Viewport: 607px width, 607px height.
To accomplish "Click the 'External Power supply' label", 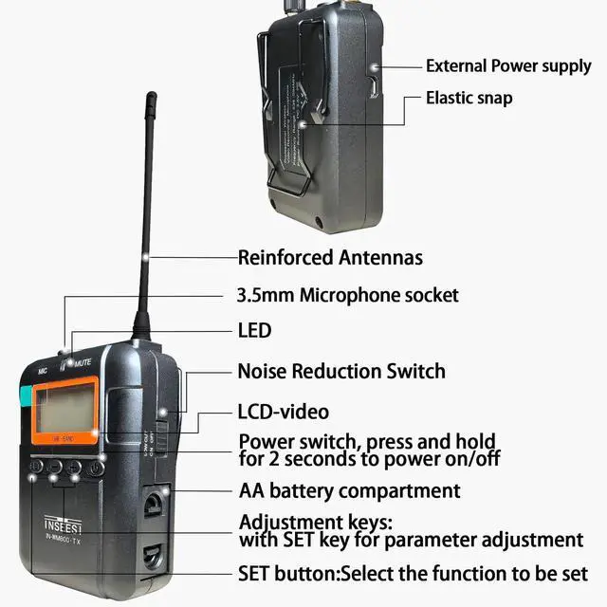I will (508, 66).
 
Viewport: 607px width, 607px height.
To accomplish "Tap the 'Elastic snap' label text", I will (469, 98).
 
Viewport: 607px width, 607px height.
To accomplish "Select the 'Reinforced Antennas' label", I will (330, 257).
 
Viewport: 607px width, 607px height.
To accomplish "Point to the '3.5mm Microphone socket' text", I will (347, 295).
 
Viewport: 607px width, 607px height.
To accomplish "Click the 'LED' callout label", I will (254, 330).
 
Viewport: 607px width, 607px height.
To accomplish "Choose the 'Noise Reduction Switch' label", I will (340, 371).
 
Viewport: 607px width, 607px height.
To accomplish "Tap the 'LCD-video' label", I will (283, 412).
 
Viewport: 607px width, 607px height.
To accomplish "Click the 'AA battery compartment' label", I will (349, 490).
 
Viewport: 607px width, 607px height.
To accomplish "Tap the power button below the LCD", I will (96, 467).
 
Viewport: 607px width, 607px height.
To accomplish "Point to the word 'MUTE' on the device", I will (82, 361).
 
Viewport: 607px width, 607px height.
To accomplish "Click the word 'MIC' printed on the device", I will (43, 372).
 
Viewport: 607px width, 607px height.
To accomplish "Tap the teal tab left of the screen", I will (25, 398).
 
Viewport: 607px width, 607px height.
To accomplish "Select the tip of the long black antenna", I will (151, 96).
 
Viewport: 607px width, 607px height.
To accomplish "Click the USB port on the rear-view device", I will (374, 85).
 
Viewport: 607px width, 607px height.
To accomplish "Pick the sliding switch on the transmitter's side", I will (163, 435).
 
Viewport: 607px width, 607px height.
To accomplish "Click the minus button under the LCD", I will (55, 467).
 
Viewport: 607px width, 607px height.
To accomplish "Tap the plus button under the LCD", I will (74, 467).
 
